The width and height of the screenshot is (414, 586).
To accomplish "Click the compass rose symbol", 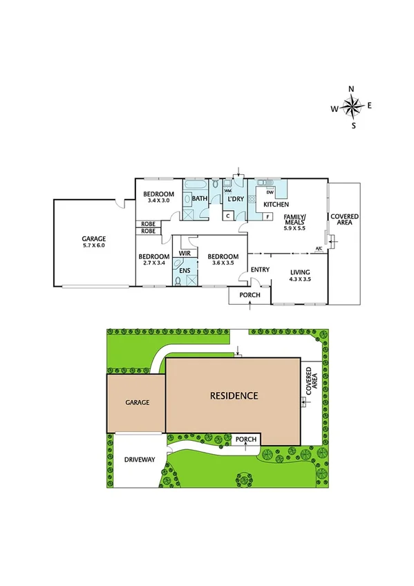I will tap(352, 106).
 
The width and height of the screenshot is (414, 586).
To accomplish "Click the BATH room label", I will tap(200, 199).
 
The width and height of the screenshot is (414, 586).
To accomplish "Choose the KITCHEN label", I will tap(275, 205).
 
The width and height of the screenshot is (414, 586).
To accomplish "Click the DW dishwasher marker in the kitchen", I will tap(270, 191).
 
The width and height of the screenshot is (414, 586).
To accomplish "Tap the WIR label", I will tap(185, 254).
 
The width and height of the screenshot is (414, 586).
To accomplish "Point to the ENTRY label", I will tap(260, 270).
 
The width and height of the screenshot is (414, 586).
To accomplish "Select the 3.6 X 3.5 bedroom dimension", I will tap(223, 263).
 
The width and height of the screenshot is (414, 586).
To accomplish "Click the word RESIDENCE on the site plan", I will tap(234, 396).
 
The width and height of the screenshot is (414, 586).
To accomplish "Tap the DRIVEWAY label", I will tap(139, 460).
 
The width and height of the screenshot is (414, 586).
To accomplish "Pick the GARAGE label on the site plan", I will tap(138, 401).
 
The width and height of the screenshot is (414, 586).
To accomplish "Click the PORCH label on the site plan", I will tap(246, 439).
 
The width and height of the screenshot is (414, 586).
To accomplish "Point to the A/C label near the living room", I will tap(319, 249).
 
